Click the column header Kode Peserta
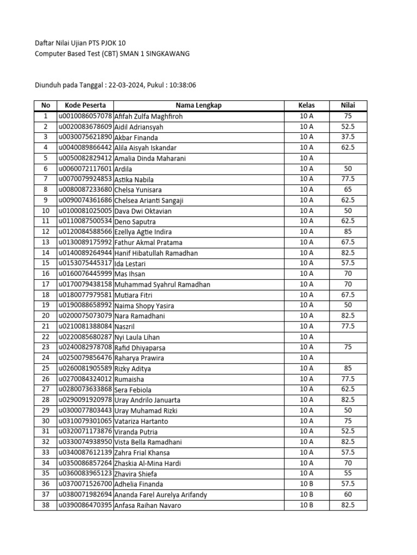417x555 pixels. tap(85, 105)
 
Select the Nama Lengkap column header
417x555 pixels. tap(198, 105)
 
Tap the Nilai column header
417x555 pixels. tap(348, 105)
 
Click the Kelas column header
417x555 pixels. tap(306, 105)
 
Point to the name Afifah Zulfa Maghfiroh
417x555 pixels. tap(149, 116)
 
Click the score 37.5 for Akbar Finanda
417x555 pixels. tap(348, 137)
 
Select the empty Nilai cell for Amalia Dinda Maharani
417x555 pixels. tap(348, 158)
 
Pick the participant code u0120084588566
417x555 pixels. tap(85, 231)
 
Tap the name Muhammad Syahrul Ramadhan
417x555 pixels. tap(162, 284)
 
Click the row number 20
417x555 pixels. tap(46, 315)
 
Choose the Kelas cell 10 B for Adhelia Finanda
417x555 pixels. tap(306, 483)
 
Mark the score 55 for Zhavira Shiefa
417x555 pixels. tap(348, 473)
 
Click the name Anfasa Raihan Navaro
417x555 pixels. tap(148, 505)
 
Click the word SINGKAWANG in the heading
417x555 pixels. tap(166, 54)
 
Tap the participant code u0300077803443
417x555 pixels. tap(85, 410)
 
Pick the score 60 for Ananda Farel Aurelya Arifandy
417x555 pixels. tap(348, 494)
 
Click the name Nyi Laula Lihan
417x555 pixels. tap(137, 337)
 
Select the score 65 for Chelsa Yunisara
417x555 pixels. tap(348, 189)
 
